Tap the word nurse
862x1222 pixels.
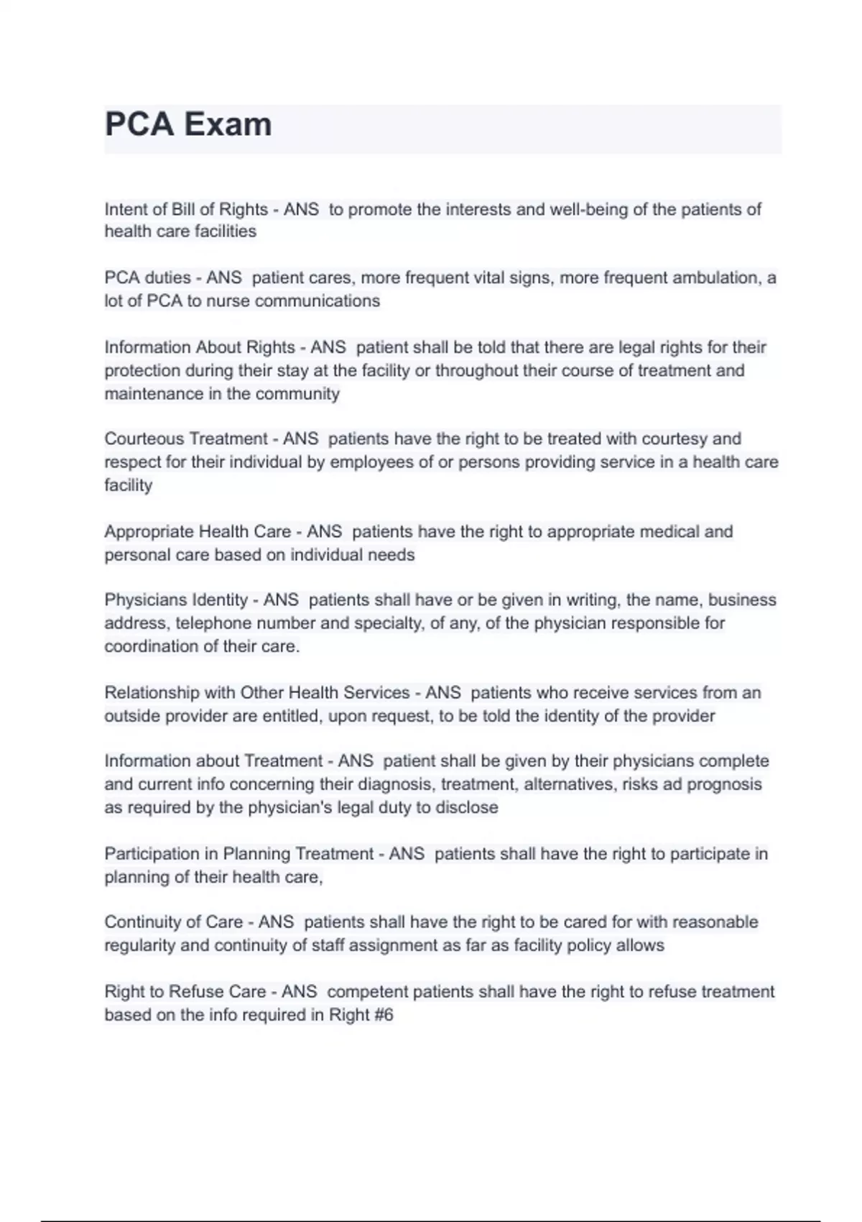pos(228,300)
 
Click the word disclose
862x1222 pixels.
pos(466,807)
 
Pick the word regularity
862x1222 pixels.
pos(140,945)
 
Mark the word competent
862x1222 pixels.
pos(367,992)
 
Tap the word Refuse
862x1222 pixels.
pos(196,992)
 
